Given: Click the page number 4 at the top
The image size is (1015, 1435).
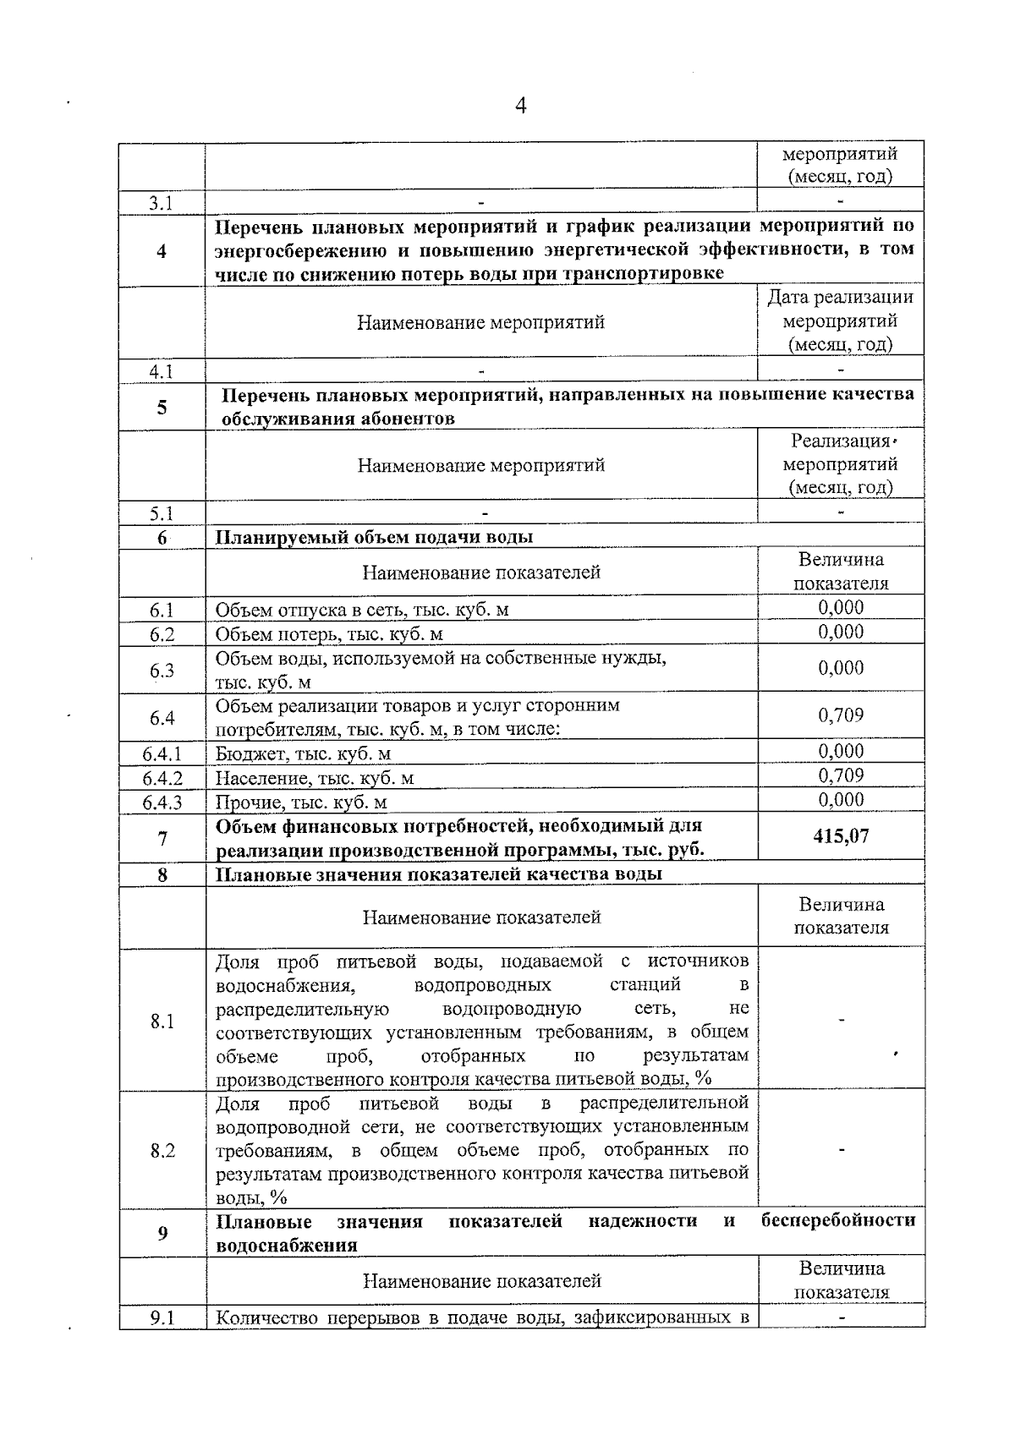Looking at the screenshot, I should tap(520, 106).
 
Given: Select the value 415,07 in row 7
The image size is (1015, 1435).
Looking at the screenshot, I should tap(841, 836).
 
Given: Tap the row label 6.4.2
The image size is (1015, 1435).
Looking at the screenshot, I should tap(162, 777).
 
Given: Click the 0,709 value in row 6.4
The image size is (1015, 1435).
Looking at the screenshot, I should tap(841, 715).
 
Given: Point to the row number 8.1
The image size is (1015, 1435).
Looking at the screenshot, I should tap(162, 1021).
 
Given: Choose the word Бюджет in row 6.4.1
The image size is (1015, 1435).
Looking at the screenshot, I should tap(244, 753).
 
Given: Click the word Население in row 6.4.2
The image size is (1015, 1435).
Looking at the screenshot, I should tap(255, 778).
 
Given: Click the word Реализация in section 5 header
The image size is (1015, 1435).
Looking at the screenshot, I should tap(840, 441).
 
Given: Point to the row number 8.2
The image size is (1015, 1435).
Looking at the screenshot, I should tap(162, 1150).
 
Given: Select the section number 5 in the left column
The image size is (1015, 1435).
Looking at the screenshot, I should tap(162, 408).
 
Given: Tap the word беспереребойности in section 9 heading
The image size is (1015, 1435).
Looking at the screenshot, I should tap(838, 1221).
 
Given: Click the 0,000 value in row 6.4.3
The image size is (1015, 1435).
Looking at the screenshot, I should tap(841, 800).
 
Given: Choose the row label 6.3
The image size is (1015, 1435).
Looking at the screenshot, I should tap(162, 671).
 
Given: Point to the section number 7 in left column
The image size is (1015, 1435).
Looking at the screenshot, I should tap(162, 837).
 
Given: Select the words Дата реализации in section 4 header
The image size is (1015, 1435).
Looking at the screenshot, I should tap(840, 298).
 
